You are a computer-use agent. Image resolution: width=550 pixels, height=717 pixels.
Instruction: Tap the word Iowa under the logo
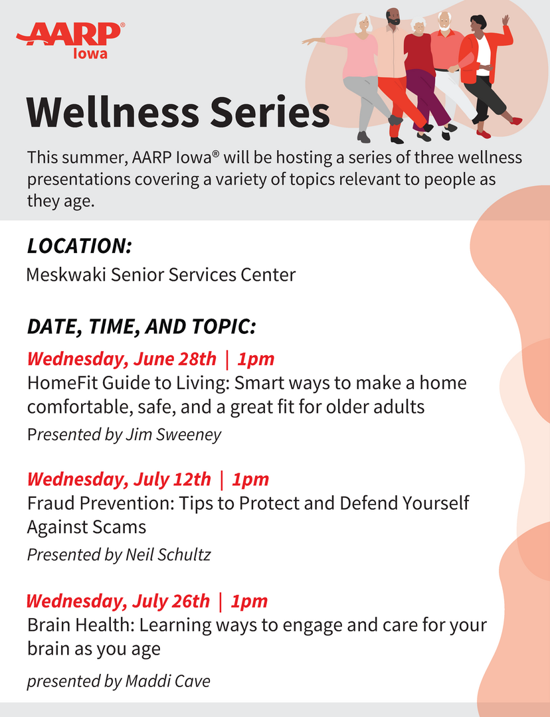[90, 54]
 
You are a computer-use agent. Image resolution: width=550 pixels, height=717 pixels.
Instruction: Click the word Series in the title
[270, 112]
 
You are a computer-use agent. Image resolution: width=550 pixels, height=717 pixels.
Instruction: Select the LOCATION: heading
[80, 246]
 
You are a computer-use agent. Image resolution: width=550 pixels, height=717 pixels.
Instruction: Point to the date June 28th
[175, 359]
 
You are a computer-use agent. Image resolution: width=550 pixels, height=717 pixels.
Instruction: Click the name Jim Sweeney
[173, 434]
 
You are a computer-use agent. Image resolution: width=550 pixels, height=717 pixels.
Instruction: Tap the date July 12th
[172, 479]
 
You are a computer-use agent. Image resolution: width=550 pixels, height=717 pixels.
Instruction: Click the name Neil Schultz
[168, 554]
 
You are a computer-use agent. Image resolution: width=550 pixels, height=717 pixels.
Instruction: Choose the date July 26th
[171, 601]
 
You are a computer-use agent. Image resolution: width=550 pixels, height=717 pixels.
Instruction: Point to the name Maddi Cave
[167, 681]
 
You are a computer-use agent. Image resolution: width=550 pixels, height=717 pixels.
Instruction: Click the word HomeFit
[62, 383]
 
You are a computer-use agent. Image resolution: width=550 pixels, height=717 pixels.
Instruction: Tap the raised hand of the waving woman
[505, 21]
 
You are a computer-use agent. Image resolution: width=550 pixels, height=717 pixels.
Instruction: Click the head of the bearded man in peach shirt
[393, 17]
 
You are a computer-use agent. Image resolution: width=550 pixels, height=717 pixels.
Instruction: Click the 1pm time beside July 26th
[249, 601]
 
